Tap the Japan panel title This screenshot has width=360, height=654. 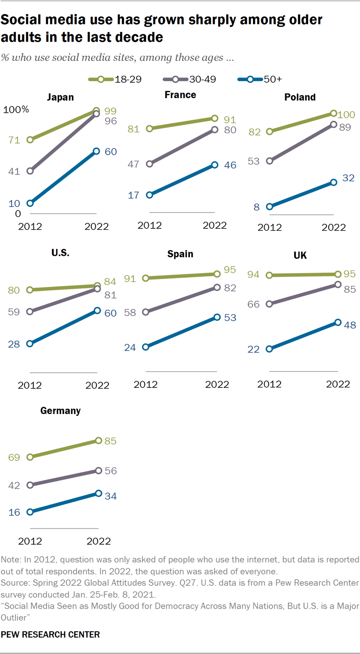click(x=60, y=97)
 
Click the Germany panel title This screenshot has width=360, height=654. click(x=60, y=411)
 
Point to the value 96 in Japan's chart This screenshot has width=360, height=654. click(x=111, y=121)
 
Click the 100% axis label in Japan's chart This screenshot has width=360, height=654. click(x=16, y=110)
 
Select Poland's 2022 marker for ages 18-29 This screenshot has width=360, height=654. click(x=333, y=113)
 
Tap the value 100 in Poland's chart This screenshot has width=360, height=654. click(x=345, y=115)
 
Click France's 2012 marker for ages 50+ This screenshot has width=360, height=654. click(x=150, y=195)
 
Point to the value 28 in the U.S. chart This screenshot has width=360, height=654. click(x=14, y=344)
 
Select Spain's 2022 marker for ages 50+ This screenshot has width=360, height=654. click(x=217, y=317)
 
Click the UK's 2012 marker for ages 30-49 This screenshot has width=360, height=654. click(x=269, y=304)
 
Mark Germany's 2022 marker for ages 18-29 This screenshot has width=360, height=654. click(x=99, y=441)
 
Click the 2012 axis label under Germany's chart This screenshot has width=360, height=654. click(x=29, y=541)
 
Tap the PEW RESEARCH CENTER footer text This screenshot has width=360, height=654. click(x=51, y=634)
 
